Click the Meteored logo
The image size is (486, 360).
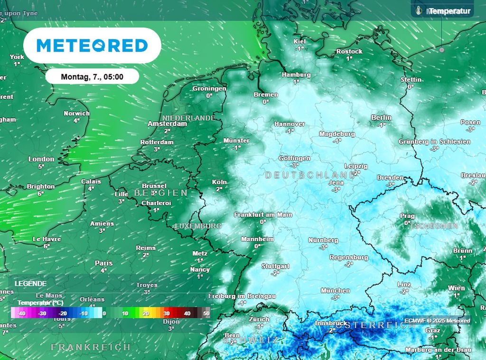pyautogui.click(x=92, y=46)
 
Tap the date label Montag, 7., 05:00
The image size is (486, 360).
pyautogui.click(x=92, y=76)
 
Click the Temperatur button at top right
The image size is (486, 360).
pyautogui.click(x=443, y=11)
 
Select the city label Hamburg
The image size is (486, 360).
pyautogui.click(x=296, y=75)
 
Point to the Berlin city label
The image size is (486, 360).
pyautogui.click(x=382, y=118)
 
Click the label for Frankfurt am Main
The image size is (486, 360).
pyautogui.click(x=263, y=215)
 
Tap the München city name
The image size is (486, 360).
pyautogui.click(x=335, y=291)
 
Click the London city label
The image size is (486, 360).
pyautogui.click(x=41, y=159)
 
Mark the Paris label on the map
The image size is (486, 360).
pyautogui.click(x=103, y=263)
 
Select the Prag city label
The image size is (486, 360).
pyautogui.click(x=407, y=216)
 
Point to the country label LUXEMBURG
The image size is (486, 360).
pyautogui.click(x=198, y=226)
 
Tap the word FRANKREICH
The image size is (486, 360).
pyautogui.click(x=91, y=347)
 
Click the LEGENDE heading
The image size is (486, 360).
pyautogui.click(x=30, y=283)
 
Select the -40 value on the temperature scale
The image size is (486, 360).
pyautogui.click(x=21, y=313)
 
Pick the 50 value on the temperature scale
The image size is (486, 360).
pyautogui.click(x=206, y=313)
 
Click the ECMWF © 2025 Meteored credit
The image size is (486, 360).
pyautogui.click(x=437, y=321)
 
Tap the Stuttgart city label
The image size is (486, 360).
pyautogui.click(x=275, y=266)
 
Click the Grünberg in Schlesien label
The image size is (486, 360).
pyautogui.click(x=434, y=142)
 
